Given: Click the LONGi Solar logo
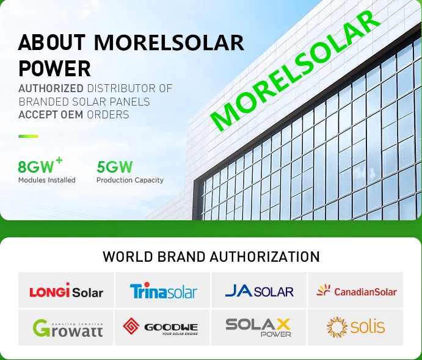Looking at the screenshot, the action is tap(66, 290).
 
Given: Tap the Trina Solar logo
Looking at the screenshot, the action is tap(163, 290).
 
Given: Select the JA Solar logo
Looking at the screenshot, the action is tap(259, 290).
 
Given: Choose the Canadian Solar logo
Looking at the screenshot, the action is tap(356, 290).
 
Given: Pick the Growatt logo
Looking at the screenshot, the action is tap(68, 328).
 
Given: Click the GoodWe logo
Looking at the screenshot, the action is tap(160, 326).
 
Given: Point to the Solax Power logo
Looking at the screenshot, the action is tap(258, 327).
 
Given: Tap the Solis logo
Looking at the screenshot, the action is tap(355, 327).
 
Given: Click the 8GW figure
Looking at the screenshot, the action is tap(40, 165).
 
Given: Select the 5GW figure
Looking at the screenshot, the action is tap(115, 167).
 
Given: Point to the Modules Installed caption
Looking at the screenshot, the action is tap(47, 180).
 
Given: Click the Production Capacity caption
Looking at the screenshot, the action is tap(130, 180).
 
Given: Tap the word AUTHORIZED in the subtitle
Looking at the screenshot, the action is tap(51, 88).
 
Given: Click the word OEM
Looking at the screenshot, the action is tap(72, 115).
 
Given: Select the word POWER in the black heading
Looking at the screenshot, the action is tap(54, 68).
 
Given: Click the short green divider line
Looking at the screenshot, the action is tap(28, 136).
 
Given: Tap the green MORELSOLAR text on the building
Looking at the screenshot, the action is tap(295, 70).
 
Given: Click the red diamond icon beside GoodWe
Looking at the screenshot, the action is tap(131, 326).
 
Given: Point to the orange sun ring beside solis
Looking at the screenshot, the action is tap(337, 327).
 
